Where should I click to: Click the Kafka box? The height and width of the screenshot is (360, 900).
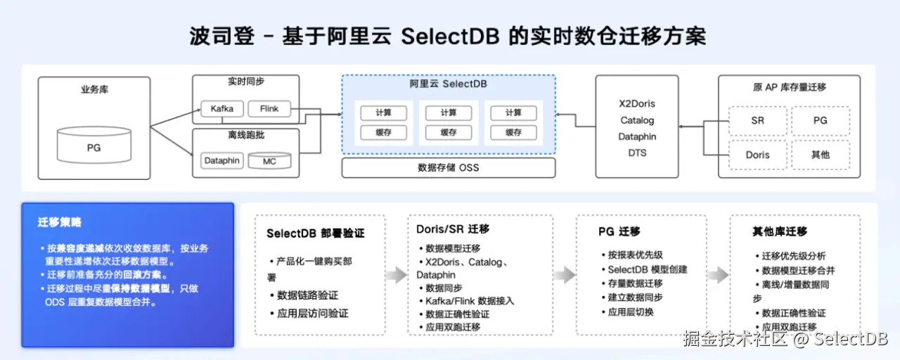pyautogui.click(x=221, y=109)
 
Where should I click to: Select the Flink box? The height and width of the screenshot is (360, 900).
pyautogui.click(x=269, y=109)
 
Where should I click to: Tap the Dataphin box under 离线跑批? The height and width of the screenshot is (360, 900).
pyautogui.click(x=221, y=161)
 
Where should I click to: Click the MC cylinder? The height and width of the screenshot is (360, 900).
pyautogui.click(x=269, y=161)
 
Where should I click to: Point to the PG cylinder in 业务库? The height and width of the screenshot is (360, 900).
pyautogui.click(x=94, y=148)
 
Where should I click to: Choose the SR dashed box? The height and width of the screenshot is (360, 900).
pyautogui.click(x=757, y=121)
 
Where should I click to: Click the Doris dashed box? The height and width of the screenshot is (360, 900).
pyautogui.click(x=757, y=155)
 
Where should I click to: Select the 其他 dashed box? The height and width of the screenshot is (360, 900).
pyautogui.click(x=821, y=155)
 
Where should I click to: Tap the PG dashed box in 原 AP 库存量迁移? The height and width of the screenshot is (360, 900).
pyautogui.click(x=821, y=121)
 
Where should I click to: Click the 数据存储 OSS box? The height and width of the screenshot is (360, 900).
pyautogui.click(x=448, y=167)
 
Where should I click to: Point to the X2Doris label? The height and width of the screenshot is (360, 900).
pyautogui.click(x=637, y=104)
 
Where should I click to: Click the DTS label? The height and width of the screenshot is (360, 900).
pyautogui.click(x=637, y=153)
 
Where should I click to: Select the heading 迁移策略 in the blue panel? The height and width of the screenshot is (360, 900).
pyautogui.click(x=60, y=222)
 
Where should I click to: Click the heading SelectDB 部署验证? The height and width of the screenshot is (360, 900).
pyautogui.click(x=315, y=233)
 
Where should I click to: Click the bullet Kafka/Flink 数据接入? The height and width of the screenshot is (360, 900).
pyautogui.click(x=470, y=301)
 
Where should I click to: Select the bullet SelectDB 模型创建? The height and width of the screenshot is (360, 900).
pyautogui.click(x=647, y=269)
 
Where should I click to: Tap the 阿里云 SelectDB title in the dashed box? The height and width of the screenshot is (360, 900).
pyautogui.click(x=448, y=84)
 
